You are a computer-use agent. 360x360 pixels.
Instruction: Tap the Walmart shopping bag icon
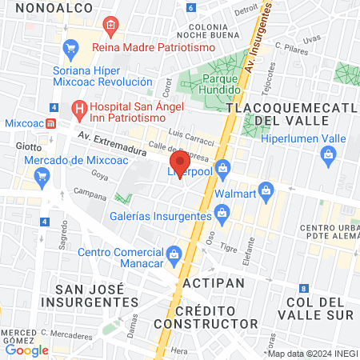(x=267, y=191)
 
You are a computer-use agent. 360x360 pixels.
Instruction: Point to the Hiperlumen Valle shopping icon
(x=326, y=159)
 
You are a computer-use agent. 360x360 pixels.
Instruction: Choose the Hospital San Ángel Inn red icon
(x=78, y=106)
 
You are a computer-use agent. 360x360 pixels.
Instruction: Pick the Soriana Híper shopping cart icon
(x=70, y=48)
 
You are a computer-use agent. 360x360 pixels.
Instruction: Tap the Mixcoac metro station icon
(x=50, y=124)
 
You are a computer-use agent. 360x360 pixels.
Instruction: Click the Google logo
(x=26, y=350)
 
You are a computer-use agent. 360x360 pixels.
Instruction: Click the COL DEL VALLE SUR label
(x=319, y=309)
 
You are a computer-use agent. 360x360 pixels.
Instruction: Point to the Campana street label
(x=89, y=193)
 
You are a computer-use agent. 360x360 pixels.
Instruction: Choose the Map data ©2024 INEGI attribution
(x=311, y=354)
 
